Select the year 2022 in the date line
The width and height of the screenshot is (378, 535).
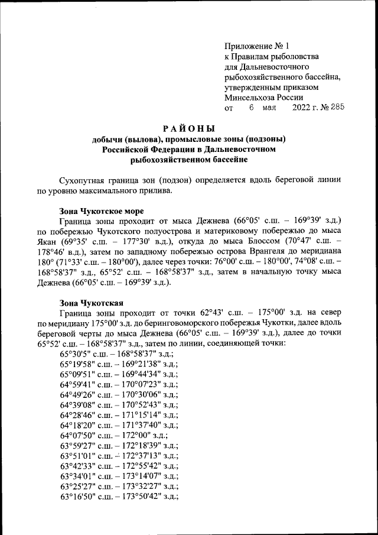coord(304,108)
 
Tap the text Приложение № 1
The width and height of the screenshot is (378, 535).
coord(257,46)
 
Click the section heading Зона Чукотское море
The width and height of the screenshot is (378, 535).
coord(101,211)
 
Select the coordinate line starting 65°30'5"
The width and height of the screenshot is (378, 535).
coord(115,353)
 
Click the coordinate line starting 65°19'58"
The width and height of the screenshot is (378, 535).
coord(119,364)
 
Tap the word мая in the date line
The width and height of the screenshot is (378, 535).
coord(269,108)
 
